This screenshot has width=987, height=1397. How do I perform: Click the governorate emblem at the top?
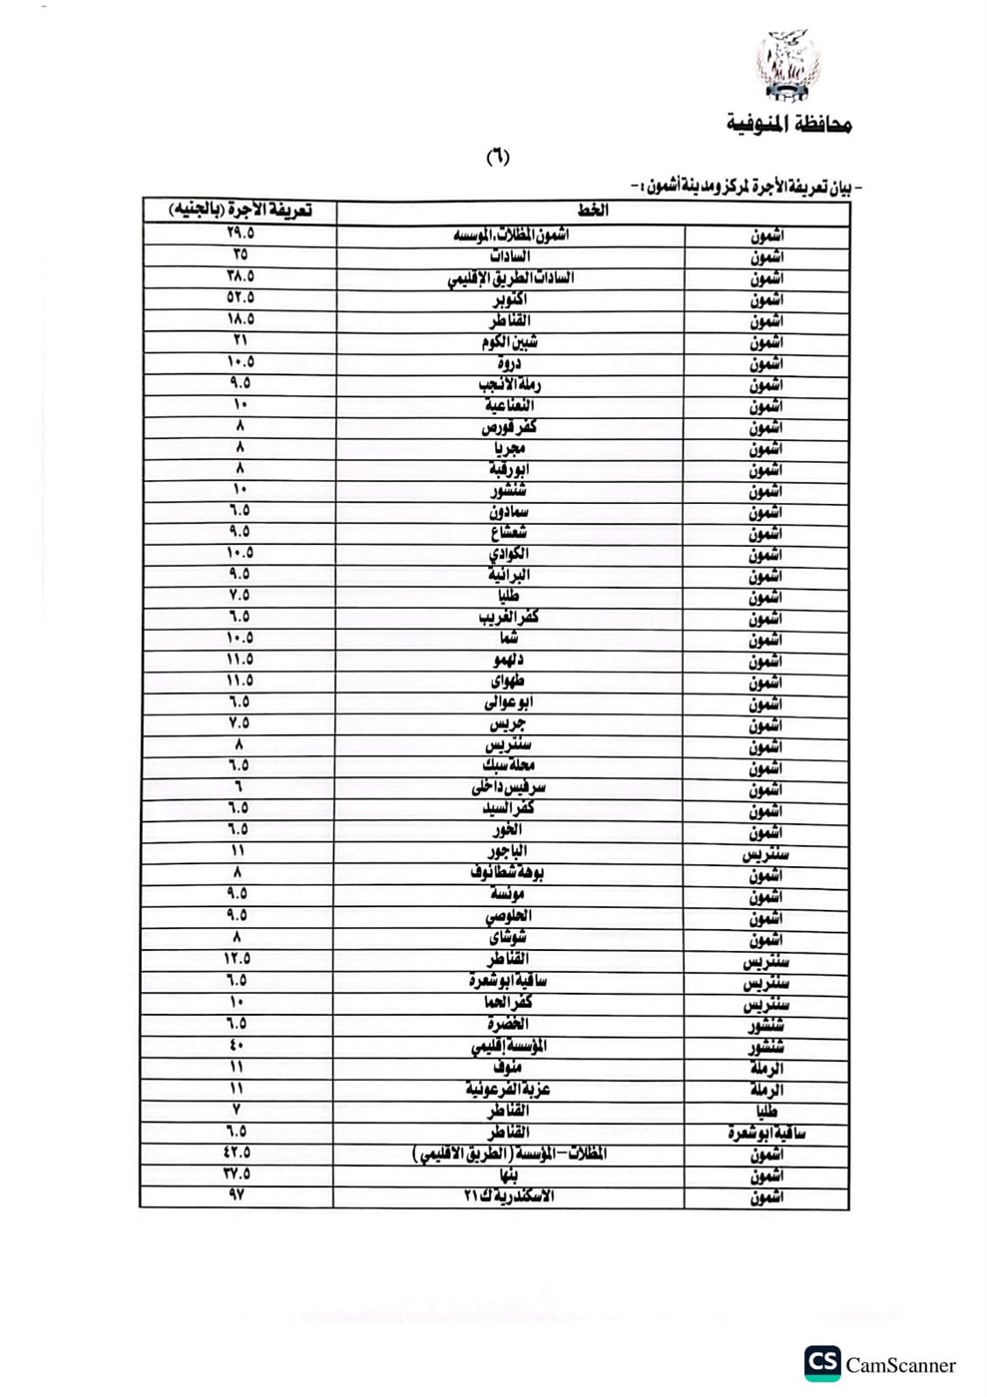pos(789,68)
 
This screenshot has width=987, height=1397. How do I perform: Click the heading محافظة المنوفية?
pos(787,126)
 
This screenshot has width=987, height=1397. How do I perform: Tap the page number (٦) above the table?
pos(496,157)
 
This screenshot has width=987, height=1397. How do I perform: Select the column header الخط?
pos(593,211)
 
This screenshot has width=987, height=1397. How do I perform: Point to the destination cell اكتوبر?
pos(510,299)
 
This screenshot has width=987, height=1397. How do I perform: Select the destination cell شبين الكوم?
pos(510,342)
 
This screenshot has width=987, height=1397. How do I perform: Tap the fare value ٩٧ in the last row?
pos(237,1194)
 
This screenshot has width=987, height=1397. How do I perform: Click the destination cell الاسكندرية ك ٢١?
pos(510,1195)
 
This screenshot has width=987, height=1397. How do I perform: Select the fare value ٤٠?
pos(238,1045)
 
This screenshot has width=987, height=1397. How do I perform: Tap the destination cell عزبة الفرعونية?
pos(509,1089)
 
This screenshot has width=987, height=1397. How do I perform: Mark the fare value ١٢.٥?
pos(238,959)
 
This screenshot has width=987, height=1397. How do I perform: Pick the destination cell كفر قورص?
pos(510,427)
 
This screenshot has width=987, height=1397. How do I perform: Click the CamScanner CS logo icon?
pos(823,1364)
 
